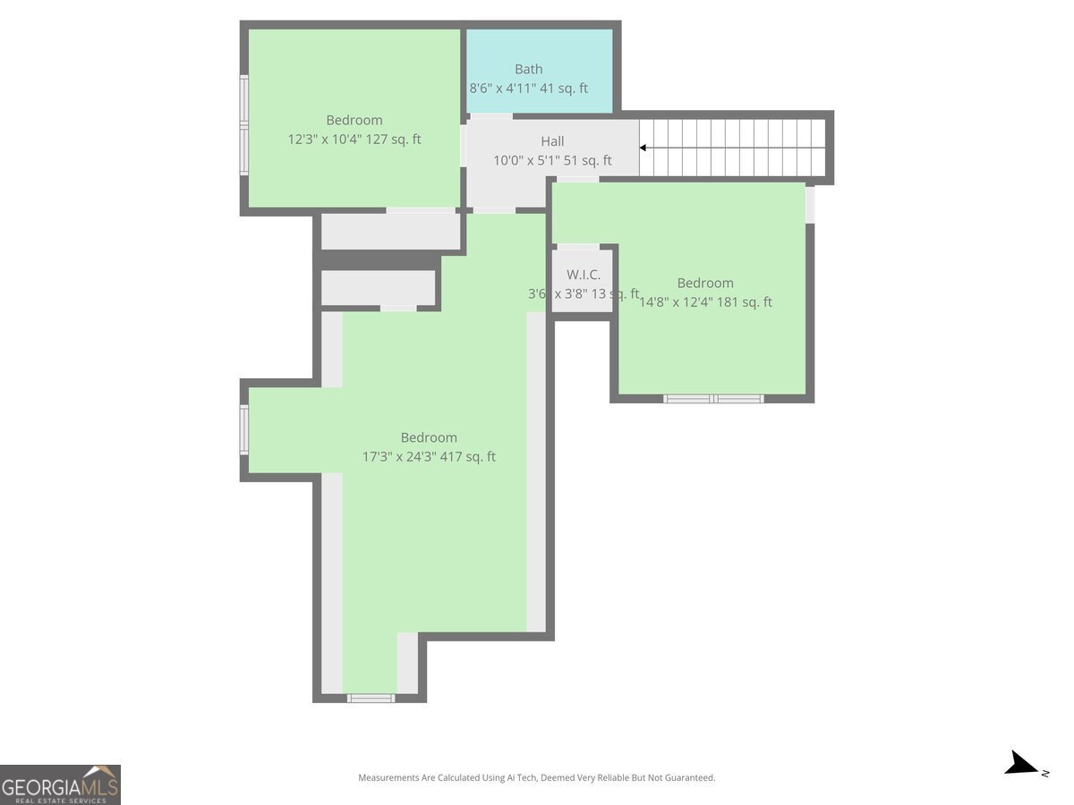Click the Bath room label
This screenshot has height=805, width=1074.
[528, 69]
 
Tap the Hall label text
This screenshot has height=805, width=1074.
[552, 141]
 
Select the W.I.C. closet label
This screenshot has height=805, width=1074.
[583, 275]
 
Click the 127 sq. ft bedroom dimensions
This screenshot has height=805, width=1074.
[354, 140]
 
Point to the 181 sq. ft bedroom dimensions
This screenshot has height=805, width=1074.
[705, 302]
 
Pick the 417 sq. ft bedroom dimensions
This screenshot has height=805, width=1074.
[429, 457]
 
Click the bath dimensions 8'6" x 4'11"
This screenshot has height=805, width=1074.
[528, 89]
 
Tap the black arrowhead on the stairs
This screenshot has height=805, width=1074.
[643, 148]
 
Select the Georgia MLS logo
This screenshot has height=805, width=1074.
[60, 784]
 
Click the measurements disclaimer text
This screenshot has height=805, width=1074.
[536, 778]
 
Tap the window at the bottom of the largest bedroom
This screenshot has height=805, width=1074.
[370, 698]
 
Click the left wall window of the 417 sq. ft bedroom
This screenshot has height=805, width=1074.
[243, 429]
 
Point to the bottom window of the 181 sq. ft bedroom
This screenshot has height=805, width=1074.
[713, 398]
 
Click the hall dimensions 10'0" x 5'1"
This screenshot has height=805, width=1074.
[552, 161]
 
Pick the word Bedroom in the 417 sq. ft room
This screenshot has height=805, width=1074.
[429, 437]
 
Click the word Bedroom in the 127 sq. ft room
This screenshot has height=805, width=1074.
[354, 120]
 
